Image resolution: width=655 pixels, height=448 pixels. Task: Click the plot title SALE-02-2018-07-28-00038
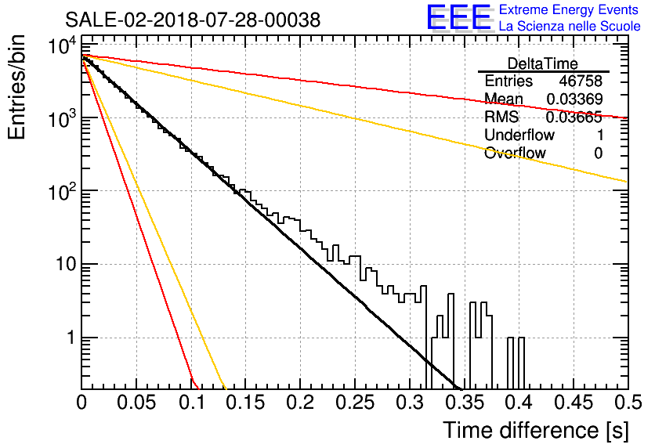(x=193, y=20)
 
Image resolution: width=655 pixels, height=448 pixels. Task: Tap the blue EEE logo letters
(x=458, y=17)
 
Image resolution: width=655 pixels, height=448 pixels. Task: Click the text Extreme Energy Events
(x=569, y=9)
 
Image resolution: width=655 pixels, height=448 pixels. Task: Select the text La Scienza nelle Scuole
(x=570, y=26)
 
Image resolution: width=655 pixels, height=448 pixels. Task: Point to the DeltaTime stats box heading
(x=543, y=63)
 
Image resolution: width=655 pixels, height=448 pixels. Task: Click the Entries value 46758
(x=581, y=81)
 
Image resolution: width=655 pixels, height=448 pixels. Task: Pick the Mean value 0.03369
(x=574, y=99)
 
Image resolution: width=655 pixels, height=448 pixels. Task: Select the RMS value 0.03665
(x=574, y=117)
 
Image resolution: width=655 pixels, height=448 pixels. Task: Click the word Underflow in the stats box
(x=519, y=135)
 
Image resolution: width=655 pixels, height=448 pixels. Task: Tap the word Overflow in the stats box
(x=515, y=153)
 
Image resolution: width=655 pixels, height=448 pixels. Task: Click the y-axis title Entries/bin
(x=16, y=87)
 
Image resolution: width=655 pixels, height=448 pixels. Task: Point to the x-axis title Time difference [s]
(x=536, y=431)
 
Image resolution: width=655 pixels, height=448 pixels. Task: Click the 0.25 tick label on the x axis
(x=356, y=403)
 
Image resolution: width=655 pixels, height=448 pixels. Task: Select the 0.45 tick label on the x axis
(x=574, y=403)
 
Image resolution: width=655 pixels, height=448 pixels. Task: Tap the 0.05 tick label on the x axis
(x=136, y=403)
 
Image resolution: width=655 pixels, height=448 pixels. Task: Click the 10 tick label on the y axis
(x=65, y=264)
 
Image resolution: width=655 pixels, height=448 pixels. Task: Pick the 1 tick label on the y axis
(x=71, y=338)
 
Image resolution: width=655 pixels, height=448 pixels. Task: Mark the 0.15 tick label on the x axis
(x=246, y=403)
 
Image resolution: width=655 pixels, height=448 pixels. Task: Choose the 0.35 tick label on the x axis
(x=465, y=403)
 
